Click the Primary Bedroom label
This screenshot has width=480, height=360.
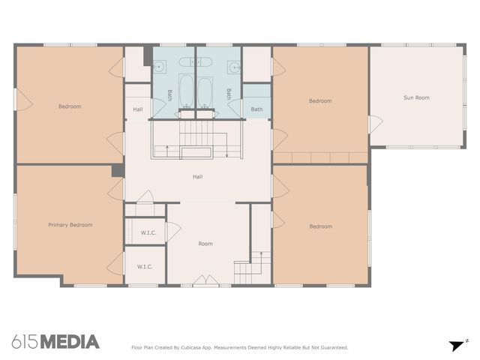pyautogui.click(x=70, y=225)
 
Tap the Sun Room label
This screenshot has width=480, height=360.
pyautogui.click(x=416, y=97)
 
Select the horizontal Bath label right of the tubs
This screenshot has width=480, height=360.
pyautogui.click(x=256, y=109)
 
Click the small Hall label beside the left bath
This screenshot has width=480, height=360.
pyautogui.click(x=138, y=109)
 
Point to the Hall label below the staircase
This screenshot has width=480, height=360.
pyautogui.click(x=197, y=177)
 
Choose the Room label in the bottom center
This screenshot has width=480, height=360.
pyautogui.click(x=205, y=244)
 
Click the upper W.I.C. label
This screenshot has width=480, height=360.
pyautogui.click(x=148, y=232)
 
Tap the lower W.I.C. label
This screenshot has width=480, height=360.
pyautogui.click(x=145, y=267)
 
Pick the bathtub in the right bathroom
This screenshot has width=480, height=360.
pyautogui.click(x=205, y=91)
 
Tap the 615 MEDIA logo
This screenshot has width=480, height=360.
pyautogui.click(x=55, y=342)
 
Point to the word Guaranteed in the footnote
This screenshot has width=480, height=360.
pyautogui.click(x=331, y=347)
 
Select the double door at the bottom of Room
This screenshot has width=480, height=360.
pyautogui.click(x=203, y=282)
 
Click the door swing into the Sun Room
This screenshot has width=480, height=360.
pyautogui.click(x=375, y=124)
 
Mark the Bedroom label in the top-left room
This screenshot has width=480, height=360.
pyautogui.click(x=70, y=106)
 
